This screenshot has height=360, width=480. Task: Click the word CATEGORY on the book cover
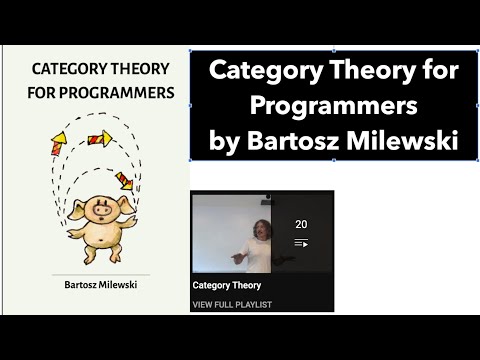[71, 70]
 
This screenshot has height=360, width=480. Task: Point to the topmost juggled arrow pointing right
[99, 138]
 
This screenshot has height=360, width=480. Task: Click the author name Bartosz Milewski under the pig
[95, 285]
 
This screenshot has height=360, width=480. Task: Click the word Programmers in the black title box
[335, 107]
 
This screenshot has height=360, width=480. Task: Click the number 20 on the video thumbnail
[301, 224]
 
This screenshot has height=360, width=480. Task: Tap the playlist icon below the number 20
[301, 243]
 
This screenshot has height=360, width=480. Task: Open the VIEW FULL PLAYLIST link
[233, 304]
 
